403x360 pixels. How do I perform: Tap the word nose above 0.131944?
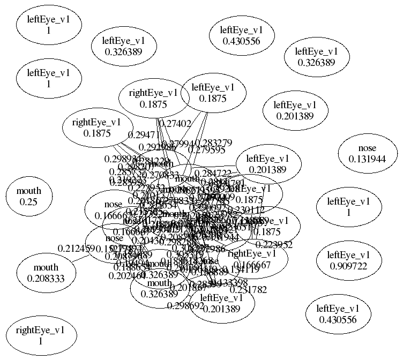click(x=367, y=148)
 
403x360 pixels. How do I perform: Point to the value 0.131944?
click(x=367, y=159)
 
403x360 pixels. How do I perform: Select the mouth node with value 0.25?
click(x=29, y=196)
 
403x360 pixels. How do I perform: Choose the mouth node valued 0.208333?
click(x=46, y=273)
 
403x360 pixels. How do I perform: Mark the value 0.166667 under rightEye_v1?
click(x=252, y=264)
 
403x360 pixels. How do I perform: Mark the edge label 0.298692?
click(x=185, y=306)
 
